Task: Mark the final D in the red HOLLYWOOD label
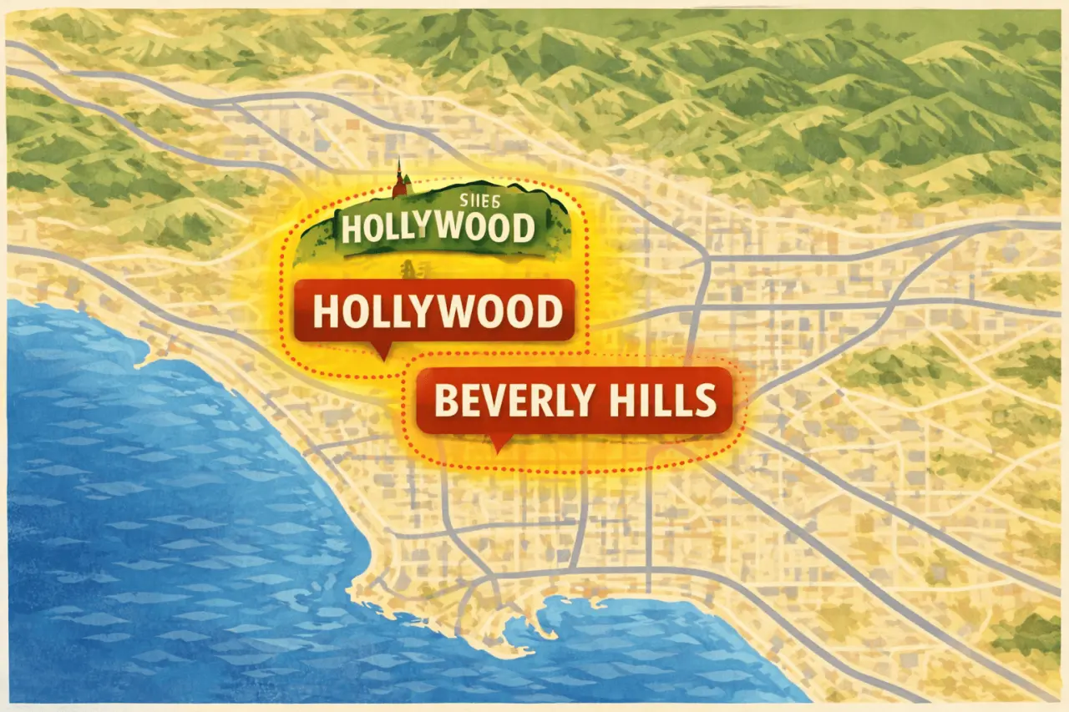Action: [x=546, y=312]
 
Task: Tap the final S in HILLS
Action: [x=705, y=401]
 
